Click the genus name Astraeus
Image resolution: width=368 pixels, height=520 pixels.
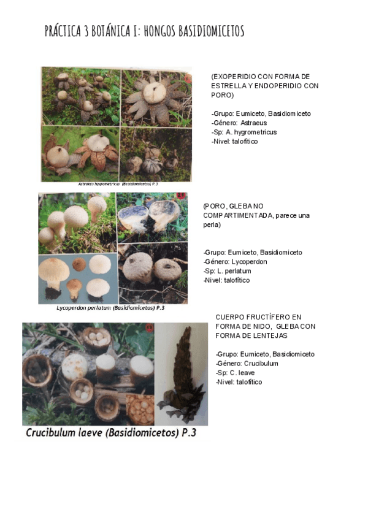[253, 123]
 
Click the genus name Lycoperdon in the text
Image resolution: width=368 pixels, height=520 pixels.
[250, 262]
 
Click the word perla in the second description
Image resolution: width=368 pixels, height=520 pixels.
[212, 224]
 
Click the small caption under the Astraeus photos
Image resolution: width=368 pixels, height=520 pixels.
[118, 184]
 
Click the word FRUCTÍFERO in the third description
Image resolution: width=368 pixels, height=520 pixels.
[266, 317]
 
